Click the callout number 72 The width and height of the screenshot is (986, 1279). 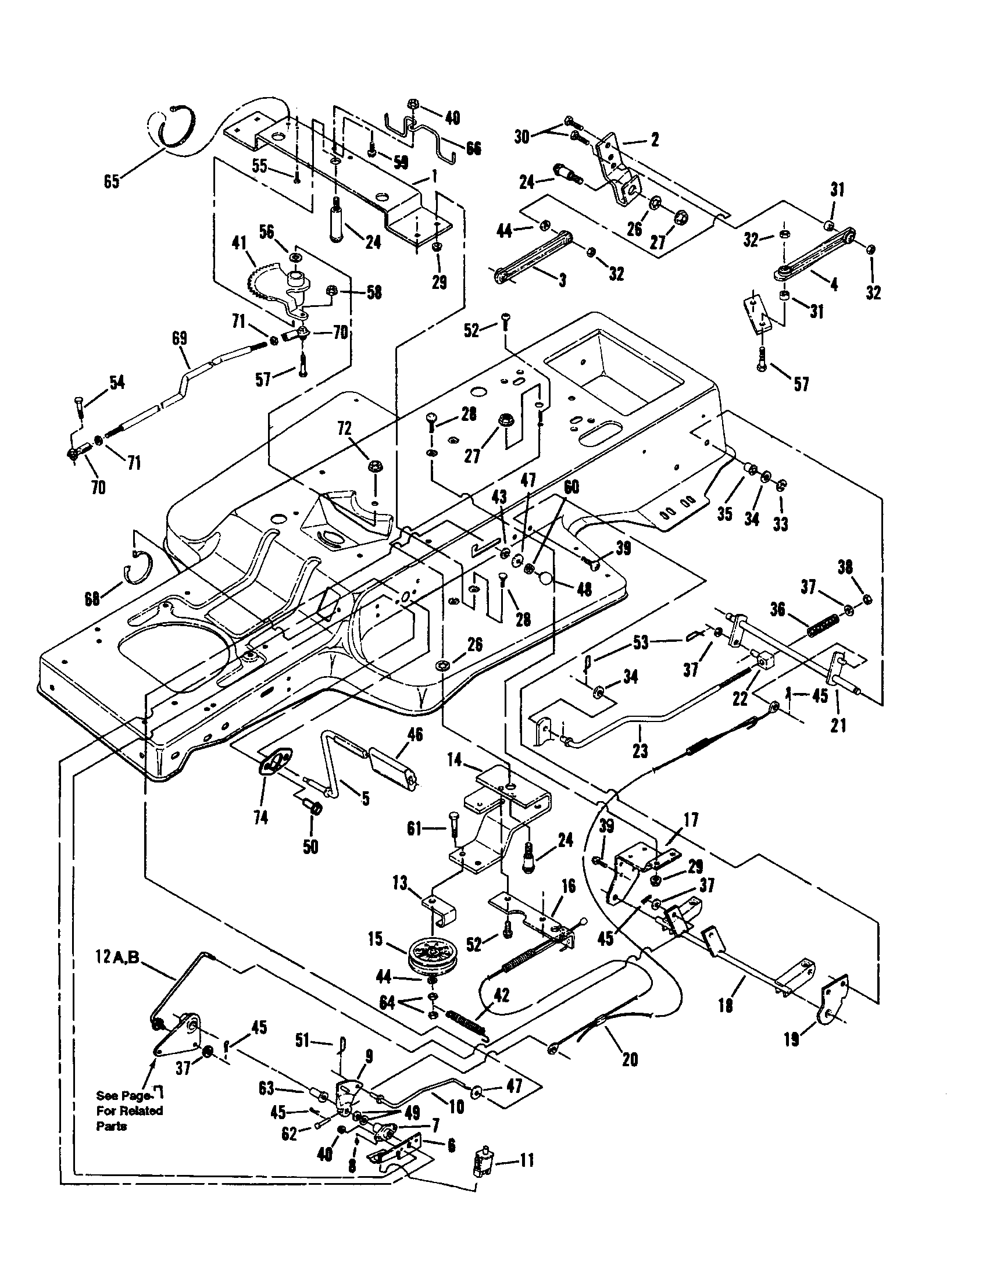345,428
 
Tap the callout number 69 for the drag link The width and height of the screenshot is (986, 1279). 179,338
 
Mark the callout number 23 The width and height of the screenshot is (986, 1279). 640,749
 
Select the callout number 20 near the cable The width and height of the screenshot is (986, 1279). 630,1059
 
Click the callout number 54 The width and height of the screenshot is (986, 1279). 117,383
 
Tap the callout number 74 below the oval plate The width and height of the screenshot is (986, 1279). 260,817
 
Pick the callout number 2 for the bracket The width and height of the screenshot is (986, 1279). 655,139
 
